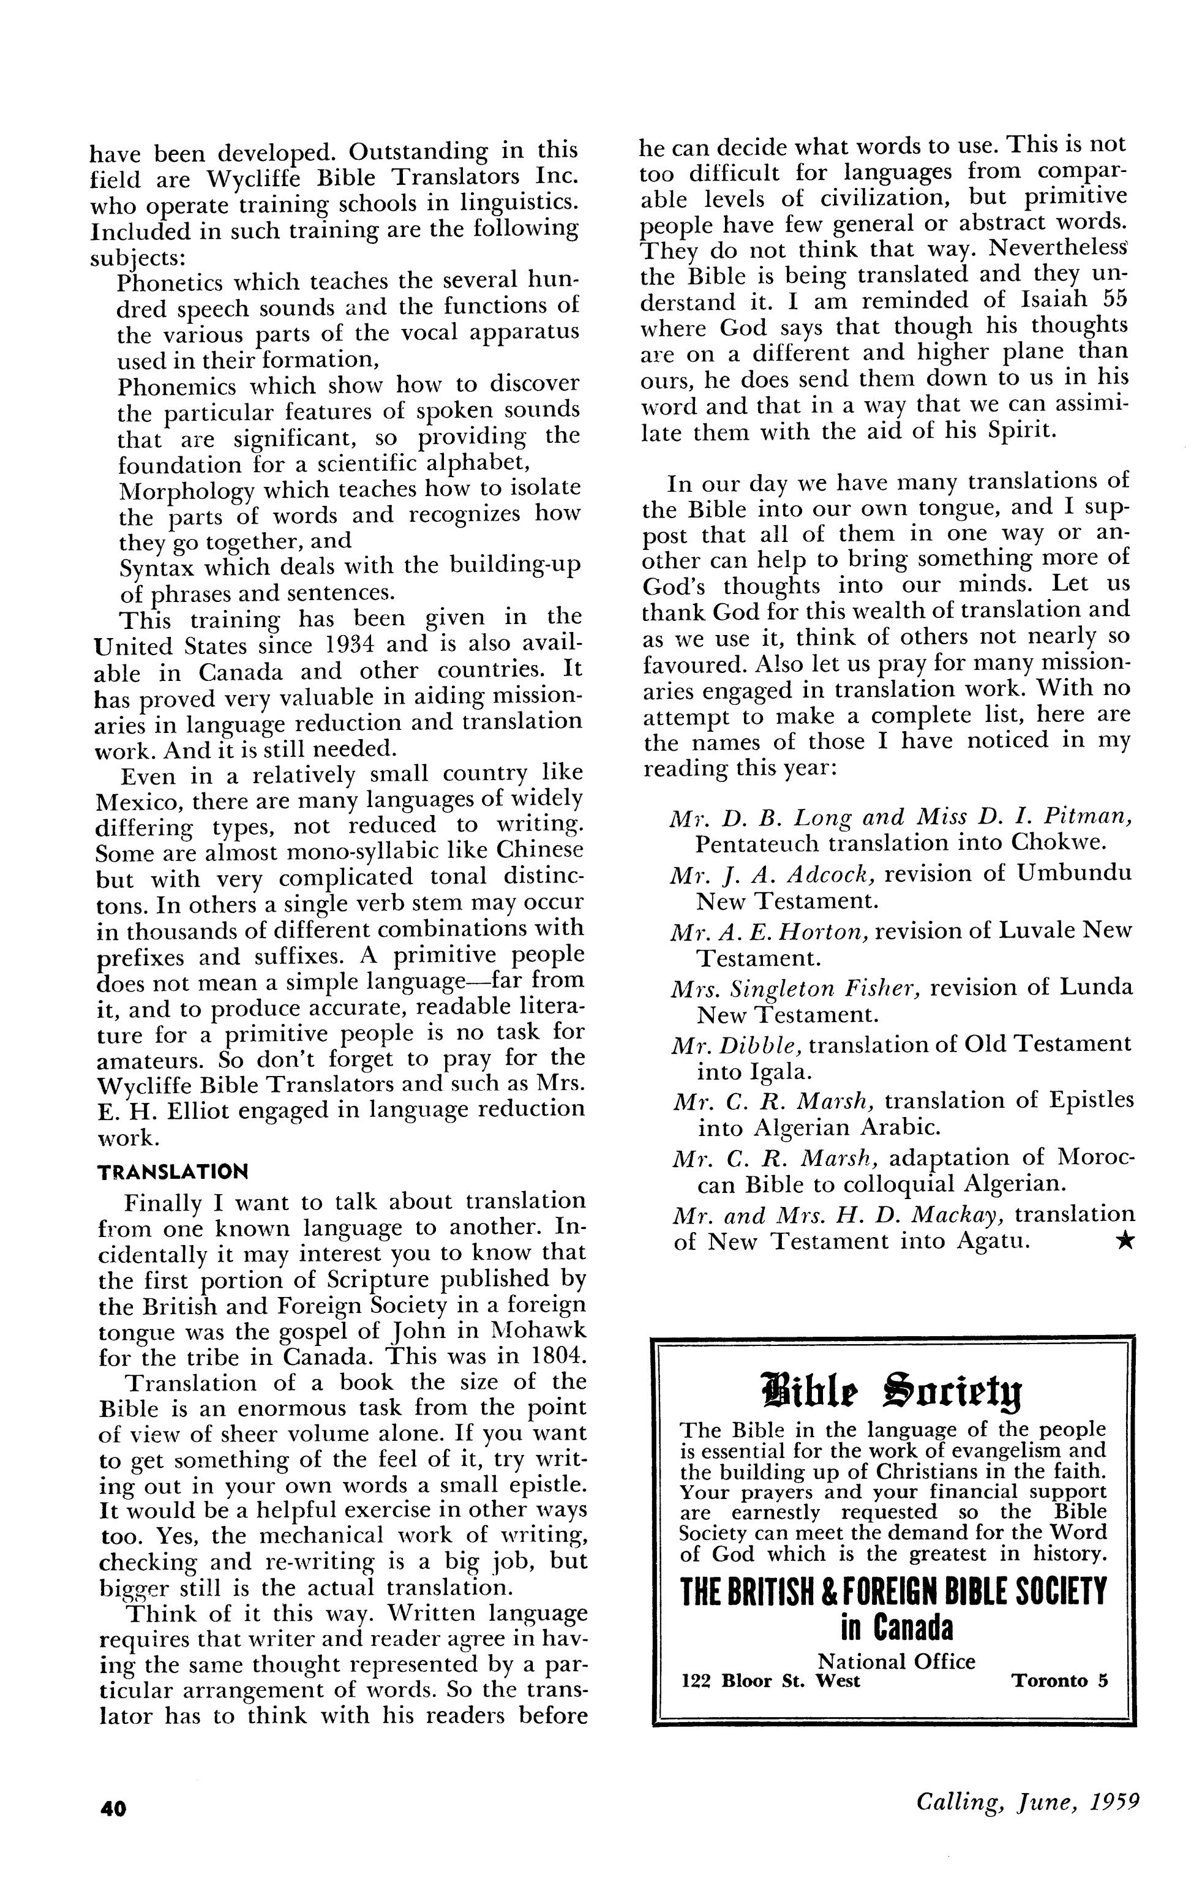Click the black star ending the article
coord(1124,1241)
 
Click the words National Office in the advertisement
coord(896,1661)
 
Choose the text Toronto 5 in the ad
coord(1059,1682)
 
